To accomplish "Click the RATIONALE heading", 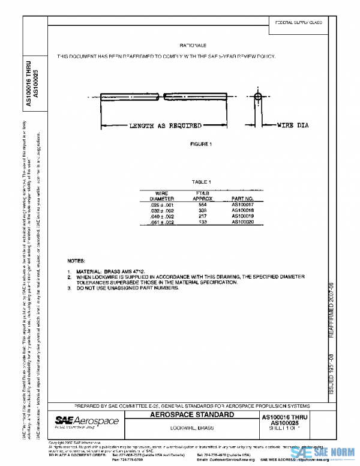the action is pos(193,46).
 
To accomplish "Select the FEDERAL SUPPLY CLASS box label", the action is pos(298,22).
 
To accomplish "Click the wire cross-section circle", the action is pos(258,96).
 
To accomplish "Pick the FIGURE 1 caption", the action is pos(200,145).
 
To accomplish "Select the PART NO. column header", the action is pos(243,198).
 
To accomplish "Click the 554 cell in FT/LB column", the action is pos(203,204).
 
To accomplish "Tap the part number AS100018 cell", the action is pos(243,210).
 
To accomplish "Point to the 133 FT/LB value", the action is pos(203,222).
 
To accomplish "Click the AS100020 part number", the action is pos(243,222).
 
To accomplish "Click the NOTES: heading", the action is pos(76,262).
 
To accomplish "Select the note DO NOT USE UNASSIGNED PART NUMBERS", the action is pos(127,288).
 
